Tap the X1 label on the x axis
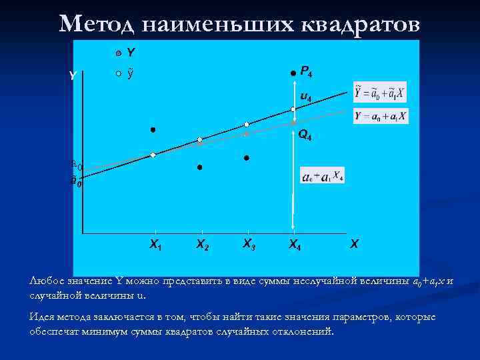155,245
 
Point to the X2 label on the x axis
201,245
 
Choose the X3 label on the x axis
248,244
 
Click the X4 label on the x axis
294,245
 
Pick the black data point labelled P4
292,72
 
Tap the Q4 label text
305,135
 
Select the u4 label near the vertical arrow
305,97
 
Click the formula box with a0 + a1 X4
323,176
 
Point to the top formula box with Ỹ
380,92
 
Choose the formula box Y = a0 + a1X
381,116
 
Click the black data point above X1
153,129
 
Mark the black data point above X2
199,167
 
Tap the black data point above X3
246,158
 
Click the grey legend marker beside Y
117,53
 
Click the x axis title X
353,244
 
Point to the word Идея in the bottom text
41,317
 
